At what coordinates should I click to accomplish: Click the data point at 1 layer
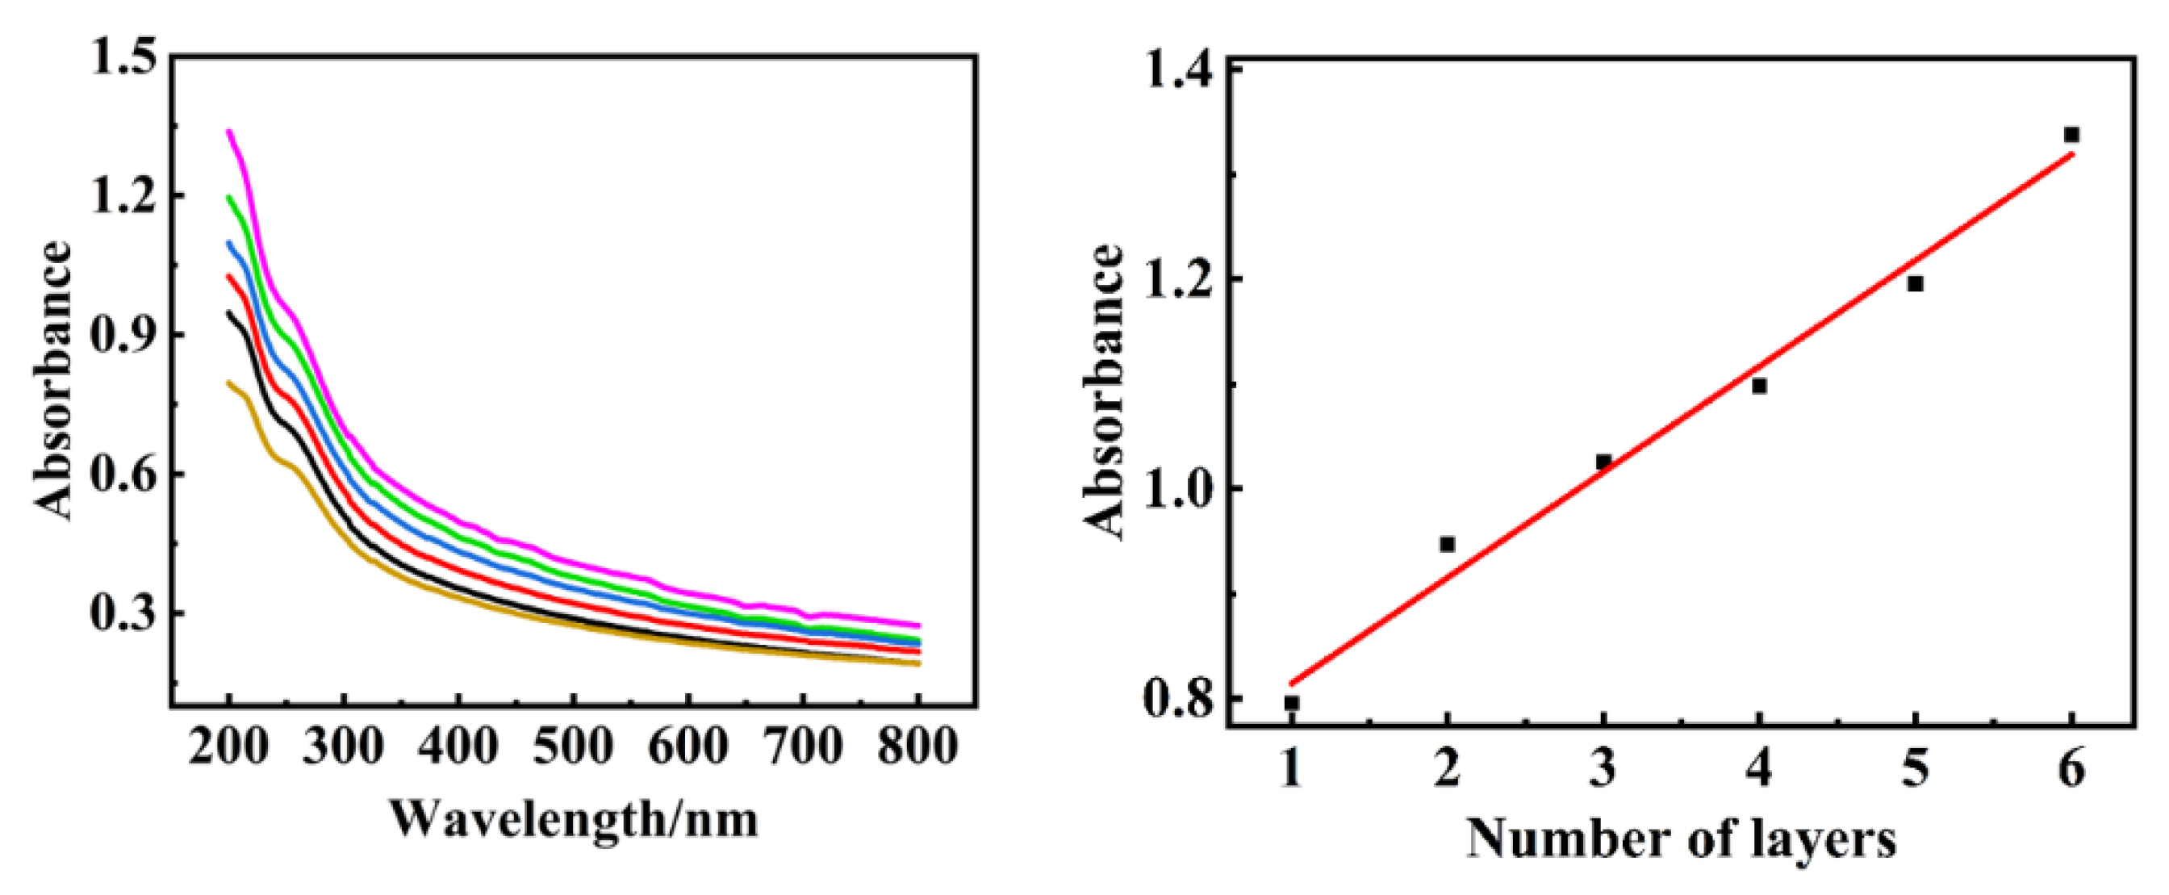[1292, 703]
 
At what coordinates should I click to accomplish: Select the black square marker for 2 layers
[1448, 545]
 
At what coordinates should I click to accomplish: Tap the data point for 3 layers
[1603, 462]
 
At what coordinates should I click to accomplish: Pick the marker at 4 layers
[1759, 387]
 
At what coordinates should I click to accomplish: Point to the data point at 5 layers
[1916, 284]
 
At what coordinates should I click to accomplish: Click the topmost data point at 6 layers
[2072, 135]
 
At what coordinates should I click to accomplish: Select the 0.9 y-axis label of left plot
[124, 335]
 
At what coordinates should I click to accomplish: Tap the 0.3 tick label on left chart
[124, 613]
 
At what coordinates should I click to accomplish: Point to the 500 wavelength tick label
[573, 746]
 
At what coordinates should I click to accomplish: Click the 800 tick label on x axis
[917, 746]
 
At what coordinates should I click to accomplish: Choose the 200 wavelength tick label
[228, 746]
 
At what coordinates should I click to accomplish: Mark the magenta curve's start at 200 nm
[228, 131]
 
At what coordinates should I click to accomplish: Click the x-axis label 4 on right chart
[1759, 769]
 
